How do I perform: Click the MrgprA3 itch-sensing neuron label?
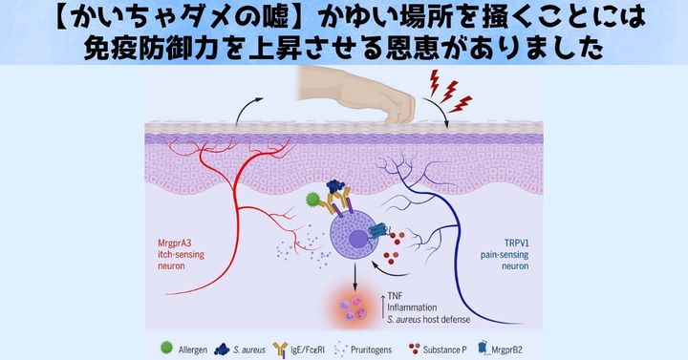(x=180, y=256)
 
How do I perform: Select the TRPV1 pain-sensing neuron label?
(x=506, y=256)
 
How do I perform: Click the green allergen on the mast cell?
(x=311, y=200)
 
